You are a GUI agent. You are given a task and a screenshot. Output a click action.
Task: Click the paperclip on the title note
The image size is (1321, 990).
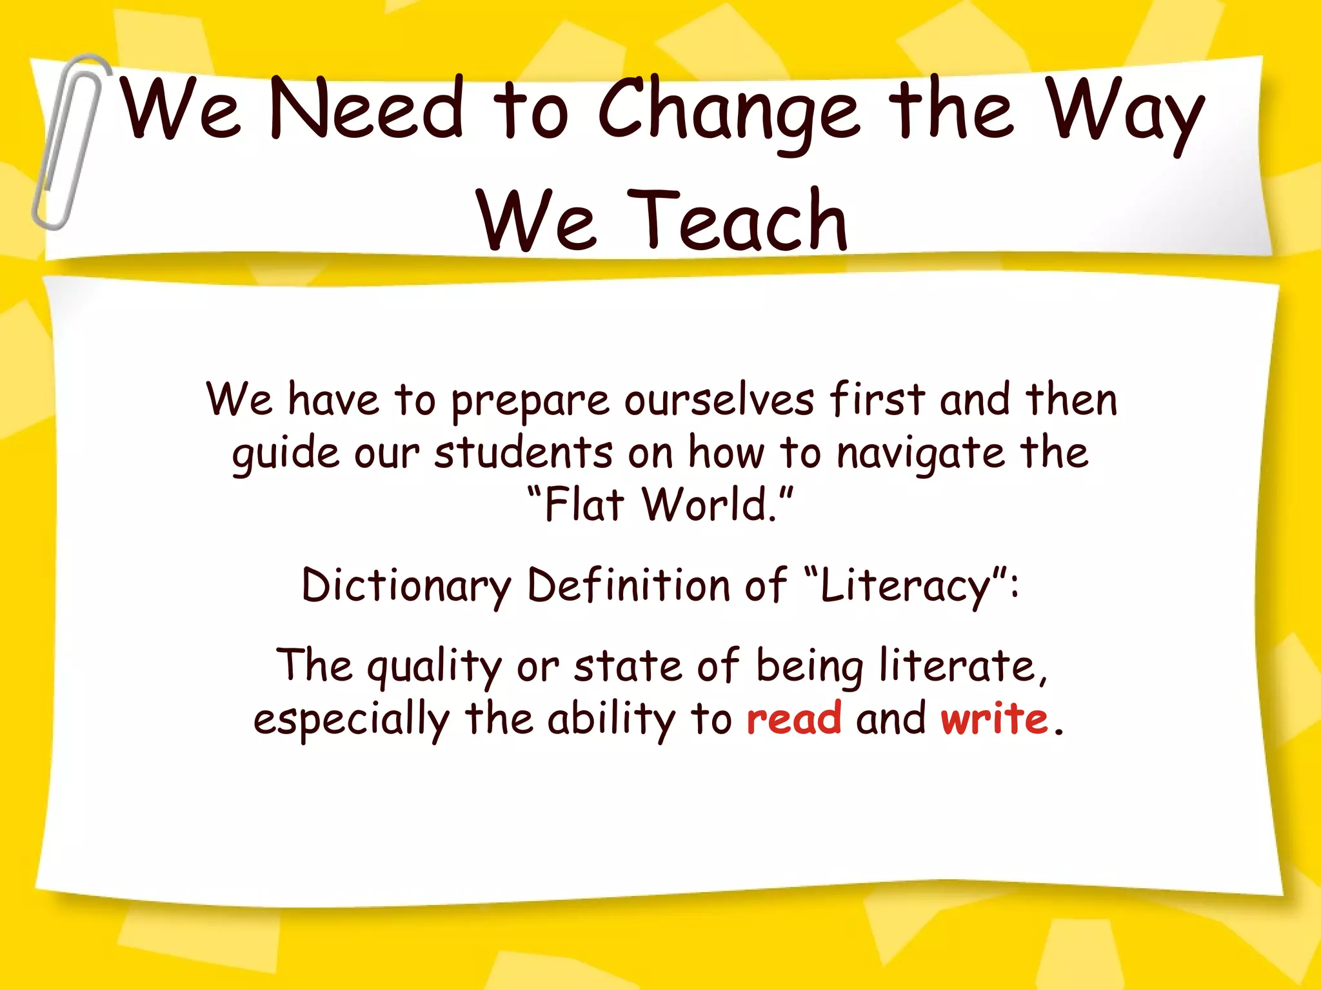tap(68, 142)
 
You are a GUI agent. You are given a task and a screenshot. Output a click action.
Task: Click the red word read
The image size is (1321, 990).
tap(794, 719)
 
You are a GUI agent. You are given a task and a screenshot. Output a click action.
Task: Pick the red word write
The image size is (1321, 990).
tap(994, 719)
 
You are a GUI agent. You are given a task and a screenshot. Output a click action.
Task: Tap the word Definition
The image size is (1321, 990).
tap(628, 585)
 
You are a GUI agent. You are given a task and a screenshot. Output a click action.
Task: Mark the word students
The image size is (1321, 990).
tap(523, 453)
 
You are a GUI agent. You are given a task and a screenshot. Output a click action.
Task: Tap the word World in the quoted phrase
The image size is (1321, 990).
tap(710, 505)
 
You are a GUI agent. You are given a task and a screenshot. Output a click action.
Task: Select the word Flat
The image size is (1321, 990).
tap(584, 505)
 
